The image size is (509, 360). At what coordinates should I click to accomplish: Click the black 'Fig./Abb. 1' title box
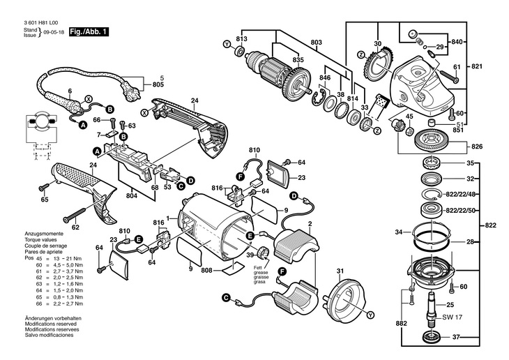[89, 33]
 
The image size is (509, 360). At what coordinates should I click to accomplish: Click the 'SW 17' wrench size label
[453, 317]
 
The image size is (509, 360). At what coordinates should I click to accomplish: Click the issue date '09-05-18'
[53, 33]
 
